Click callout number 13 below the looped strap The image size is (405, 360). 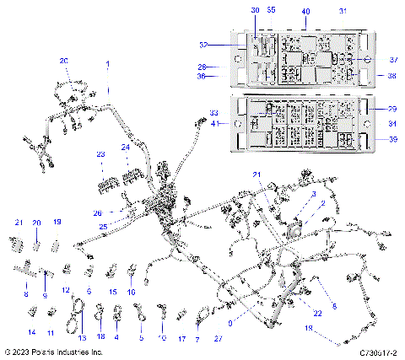point(82,337)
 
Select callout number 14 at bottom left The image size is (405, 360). point(32,334)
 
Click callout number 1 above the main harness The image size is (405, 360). point(107,64)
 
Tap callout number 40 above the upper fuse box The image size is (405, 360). point(305,11)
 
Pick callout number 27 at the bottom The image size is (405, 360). point(218,337)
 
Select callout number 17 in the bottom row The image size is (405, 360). point(181,337)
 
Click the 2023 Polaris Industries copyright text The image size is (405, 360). point(53,352)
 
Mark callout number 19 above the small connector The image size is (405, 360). point(57,222)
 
